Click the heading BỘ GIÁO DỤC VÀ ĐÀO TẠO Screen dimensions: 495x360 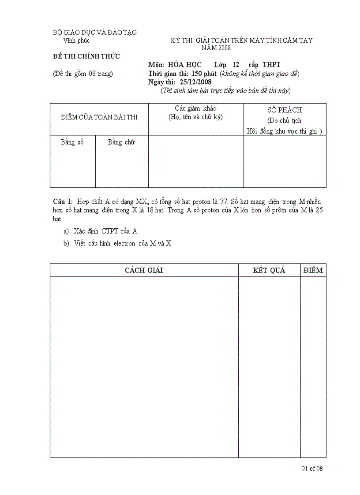[94, 33]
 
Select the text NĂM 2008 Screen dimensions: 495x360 [216, 48]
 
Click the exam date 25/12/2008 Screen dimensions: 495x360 [196, 82]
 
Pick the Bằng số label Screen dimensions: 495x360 [72, 142]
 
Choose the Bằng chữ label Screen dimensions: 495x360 [121, 142]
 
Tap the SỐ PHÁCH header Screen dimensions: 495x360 [285, 110]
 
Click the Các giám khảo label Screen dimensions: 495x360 [195, 108]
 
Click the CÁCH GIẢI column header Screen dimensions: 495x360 [144, 270]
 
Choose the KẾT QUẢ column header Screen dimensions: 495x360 [269, 270]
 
